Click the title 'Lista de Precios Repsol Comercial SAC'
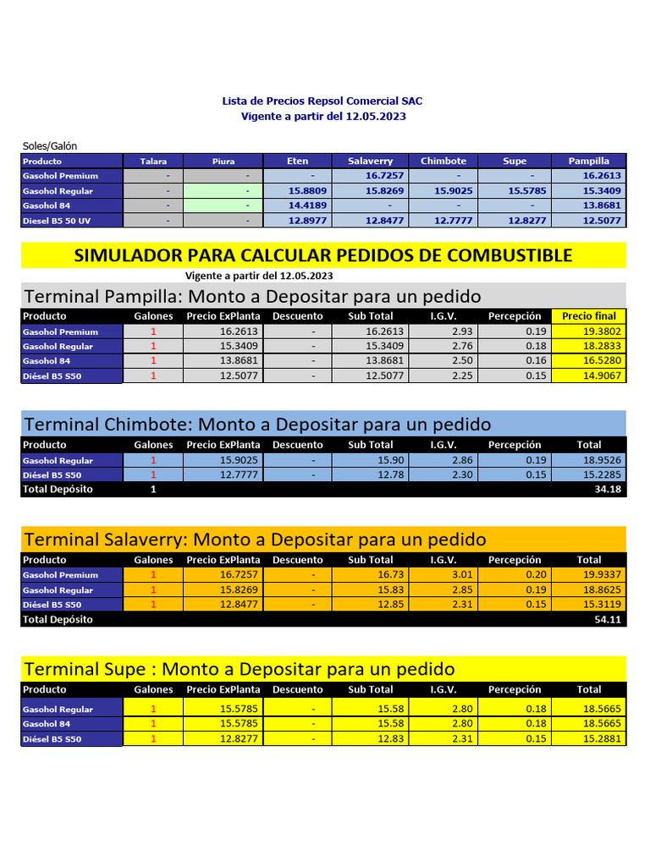pos(322,101)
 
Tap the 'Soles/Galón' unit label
pos(50,145)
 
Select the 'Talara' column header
pos(153,161)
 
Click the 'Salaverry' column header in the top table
pos(370,161)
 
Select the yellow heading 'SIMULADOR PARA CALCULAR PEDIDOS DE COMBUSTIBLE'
pos(323,255)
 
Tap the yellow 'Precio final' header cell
pos(589,316)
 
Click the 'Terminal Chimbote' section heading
pos(257,424)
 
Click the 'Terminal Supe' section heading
pos(240,669)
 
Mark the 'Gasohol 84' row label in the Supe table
pos(47,724)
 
